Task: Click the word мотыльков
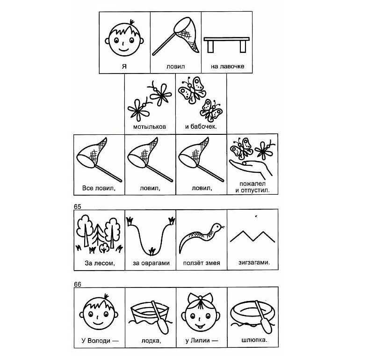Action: [x=150, y=127]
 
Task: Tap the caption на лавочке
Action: [x=227, y=66]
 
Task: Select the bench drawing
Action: [x=226, y=44]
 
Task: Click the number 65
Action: [x=78, y=206]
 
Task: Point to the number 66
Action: [x=78, y=285]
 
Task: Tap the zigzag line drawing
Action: [x=253, y=236]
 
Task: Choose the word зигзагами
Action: [x=254, y=263]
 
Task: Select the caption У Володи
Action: [x=100, y=340]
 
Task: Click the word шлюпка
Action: [x=254, y=340]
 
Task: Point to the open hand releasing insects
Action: [x=251, y=168]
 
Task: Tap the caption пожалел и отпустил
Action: [x=253, y=187]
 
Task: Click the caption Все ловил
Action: [x=99, y=188]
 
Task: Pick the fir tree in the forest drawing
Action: [x=98, y=235]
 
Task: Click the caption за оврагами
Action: [x=151, y=263]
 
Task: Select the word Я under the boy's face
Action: [x=124, y=66]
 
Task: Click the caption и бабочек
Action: [x=201, y=127]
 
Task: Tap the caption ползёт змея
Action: [x=202, y=263]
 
